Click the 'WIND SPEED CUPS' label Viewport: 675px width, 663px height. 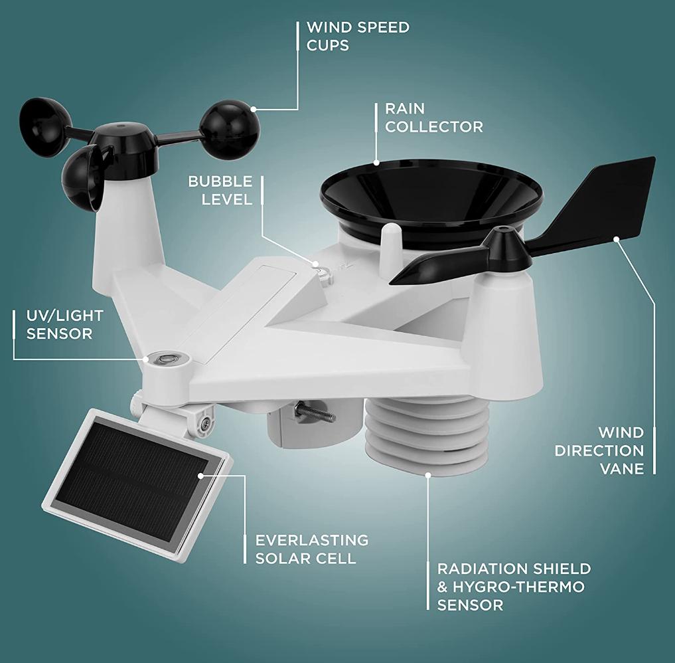click(357, 37)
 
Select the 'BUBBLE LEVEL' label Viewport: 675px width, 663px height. click(220, 190)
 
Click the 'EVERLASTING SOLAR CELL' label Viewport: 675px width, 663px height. click(311, 549)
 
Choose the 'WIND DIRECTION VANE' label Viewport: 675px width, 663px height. click(599, 450)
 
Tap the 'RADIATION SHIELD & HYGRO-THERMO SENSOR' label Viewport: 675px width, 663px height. click(513, 587)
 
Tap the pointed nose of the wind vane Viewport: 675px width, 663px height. click(398, 277)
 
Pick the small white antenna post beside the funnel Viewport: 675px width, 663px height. click(391, 240)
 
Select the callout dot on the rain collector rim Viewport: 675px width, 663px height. click(376, 162)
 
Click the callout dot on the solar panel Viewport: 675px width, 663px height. click(202, 474)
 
